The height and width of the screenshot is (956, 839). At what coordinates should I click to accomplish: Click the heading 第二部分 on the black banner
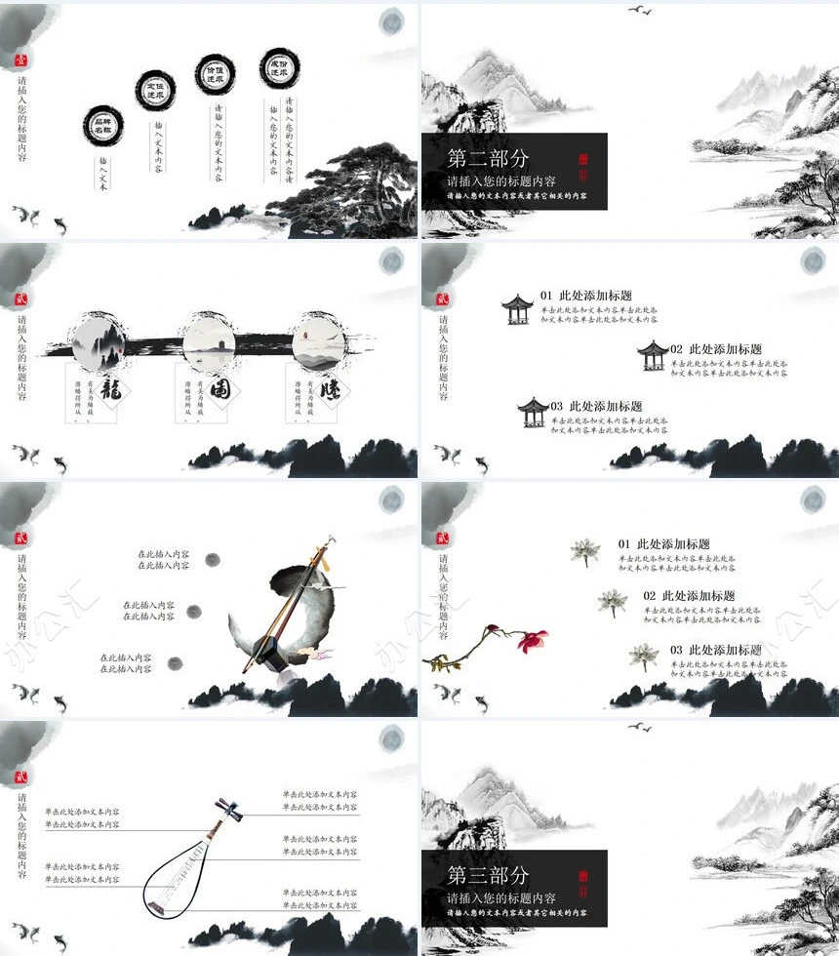point(488,158)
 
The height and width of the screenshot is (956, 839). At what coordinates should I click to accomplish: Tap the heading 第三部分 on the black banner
point(488,875)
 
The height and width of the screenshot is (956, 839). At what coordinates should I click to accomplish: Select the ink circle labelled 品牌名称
point(102,125)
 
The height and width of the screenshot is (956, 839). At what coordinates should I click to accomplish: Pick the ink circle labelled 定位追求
point(155,90)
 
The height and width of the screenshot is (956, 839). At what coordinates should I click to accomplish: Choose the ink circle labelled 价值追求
point(215,73)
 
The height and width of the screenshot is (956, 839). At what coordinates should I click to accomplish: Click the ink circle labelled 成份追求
point(279,67)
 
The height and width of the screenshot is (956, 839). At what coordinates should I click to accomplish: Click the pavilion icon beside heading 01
point(516,309)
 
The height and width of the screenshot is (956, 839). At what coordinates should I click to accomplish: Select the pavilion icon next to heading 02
point(653,355)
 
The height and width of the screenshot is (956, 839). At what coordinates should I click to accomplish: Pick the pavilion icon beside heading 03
point(533,412)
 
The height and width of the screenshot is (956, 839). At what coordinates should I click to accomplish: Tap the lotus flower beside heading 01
point(584,552)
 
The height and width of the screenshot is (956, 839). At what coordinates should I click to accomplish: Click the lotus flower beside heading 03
point(643,657)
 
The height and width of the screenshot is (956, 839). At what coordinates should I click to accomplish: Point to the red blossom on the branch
point(532,640)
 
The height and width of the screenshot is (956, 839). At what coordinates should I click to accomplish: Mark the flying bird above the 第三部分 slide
point(639,727)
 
